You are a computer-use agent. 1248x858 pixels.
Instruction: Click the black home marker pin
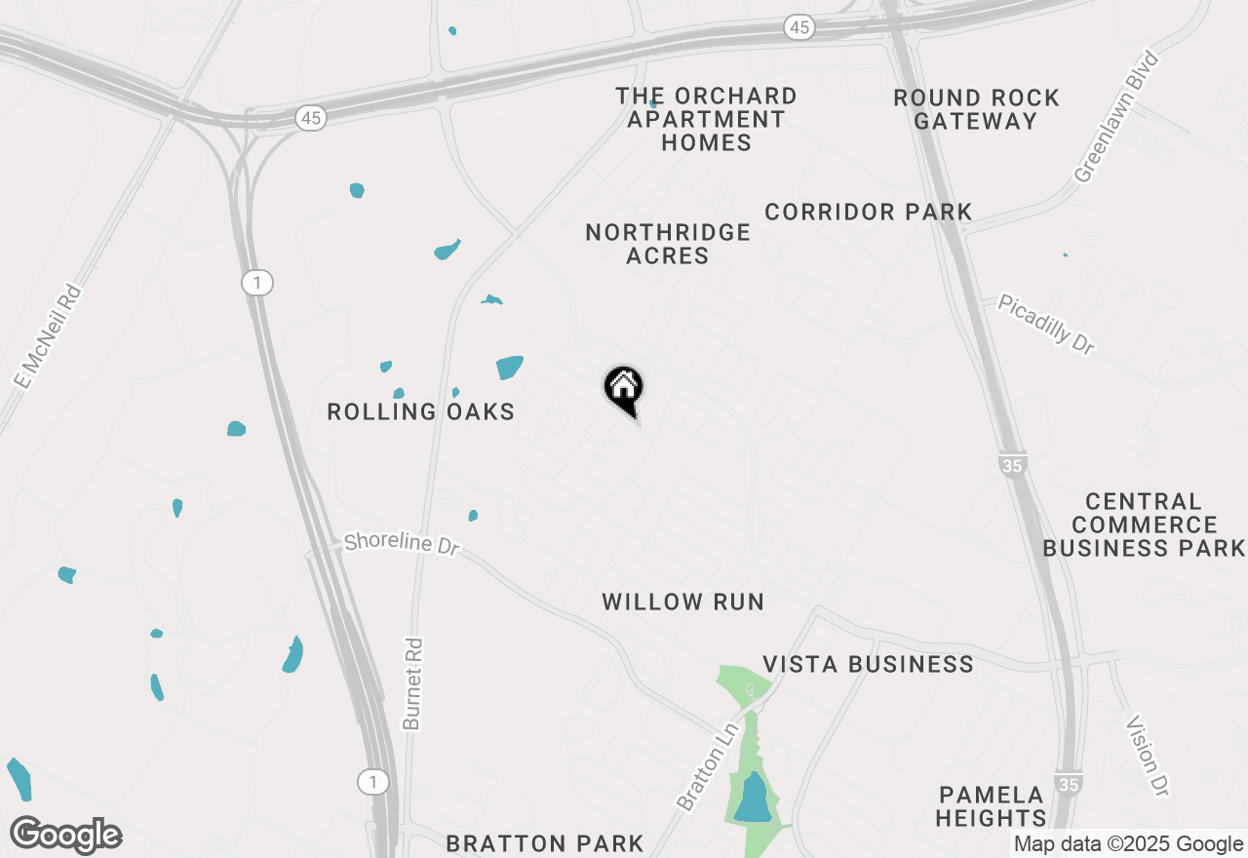624,389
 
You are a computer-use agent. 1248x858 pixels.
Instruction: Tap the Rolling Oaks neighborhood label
420,411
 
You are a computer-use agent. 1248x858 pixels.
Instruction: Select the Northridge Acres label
668,244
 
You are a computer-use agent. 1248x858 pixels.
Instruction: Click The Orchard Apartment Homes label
706,119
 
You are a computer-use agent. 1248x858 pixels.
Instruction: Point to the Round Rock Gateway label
976,109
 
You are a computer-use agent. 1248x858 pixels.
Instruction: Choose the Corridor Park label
868,212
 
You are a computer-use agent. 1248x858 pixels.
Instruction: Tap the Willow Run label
682,602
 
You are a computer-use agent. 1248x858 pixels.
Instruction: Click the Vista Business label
868,664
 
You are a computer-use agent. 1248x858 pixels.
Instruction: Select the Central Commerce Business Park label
1144,525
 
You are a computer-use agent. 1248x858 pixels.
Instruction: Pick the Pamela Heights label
992,805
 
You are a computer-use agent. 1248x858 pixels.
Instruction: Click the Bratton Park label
545,843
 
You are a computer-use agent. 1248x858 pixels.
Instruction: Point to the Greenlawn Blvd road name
1117,118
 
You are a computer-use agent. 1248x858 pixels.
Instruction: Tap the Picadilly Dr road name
1046,325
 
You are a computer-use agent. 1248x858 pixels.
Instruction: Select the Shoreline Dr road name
401,543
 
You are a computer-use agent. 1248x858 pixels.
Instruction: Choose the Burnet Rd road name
413,683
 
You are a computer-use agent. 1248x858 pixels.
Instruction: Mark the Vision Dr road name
1147,755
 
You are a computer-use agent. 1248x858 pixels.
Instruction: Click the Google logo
65,836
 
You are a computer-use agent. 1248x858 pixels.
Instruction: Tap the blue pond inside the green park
753,798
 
